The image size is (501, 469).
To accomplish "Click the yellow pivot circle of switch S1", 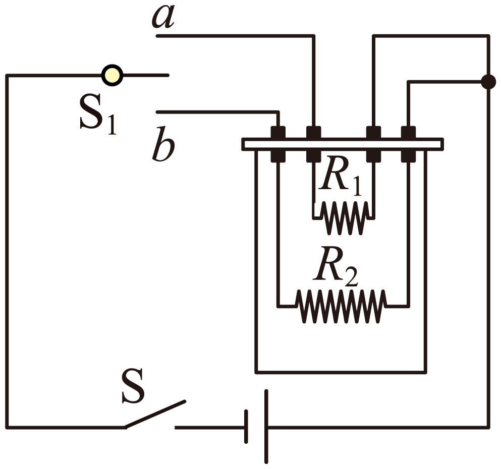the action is tap(112, 75).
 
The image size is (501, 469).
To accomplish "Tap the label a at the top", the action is tap(163, 17).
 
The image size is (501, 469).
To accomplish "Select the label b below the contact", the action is tap(163, 144).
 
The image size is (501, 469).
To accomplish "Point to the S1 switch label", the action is tap(98, 114).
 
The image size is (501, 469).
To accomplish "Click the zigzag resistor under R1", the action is tap(344, 218).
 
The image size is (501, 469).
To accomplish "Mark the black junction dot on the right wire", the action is tap(488, 82).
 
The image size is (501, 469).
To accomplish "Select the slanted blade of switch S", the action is tap(155, 414).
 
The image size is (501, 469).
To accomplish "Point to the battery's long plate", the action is tap(266, 426).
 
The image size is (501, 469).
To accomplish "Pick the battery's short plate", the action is tap(246, 427).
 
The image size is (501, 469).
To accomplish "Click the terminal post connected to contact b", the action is tap(278, 144).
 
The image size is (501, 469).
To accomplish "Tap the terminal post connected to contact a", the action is tap(313, 144).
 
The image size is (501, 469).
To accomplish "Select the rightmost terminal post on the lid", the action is tap(408, 144).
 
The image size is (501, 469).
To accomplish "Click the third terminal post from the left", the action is tap(373, 144).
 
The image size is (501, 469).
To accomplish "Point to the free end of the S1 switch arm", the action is tap(168, 75).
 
